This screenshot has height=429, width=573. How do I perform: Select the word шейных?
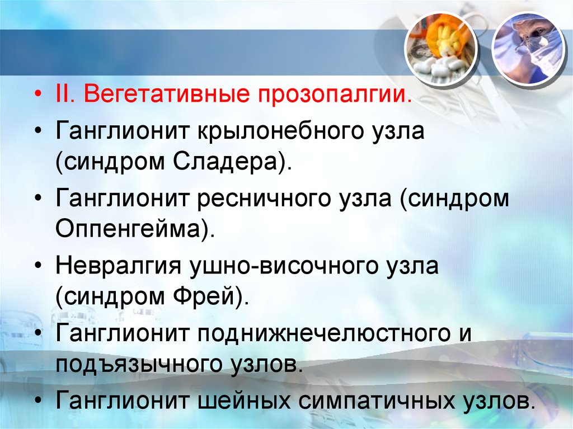pos(242,400)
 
